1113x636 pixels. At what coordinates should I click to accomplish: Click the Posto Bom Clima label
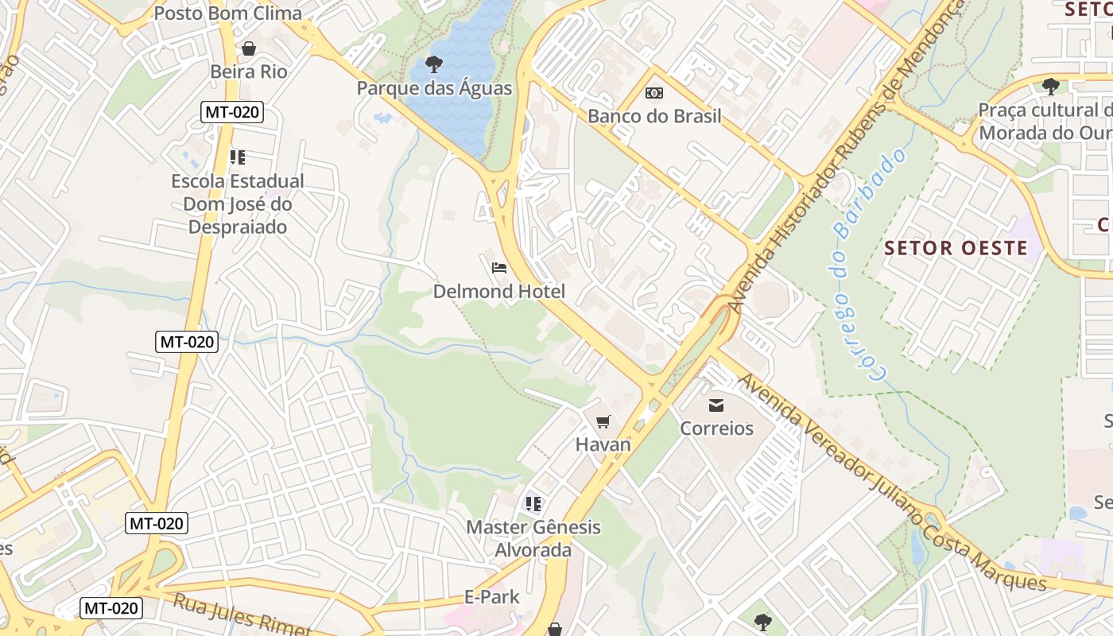(227, 14)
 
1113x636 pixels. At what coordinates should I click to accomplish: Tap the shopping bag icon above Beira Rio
(249, 48)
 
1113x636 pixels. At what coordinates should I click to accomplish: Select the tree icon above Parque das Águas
(434, 64)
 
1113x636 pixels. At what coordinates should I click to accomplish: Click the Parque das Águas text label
(434, 88)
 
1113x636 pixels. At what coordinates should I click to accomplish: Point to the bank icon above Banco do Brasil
(654, 93)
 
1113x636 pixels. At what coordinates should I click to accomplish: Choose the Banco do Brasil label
(654, 117)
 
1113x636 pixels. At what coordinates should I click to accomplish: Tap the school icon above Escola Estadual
(237, 157)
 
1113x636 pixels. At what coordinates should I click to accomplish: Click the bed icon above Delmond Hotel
(499, 267)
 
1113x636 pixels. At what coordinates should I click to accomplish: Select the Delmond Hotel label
(499, 292)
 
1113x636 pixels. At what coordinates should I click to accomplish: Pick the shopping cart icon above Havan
(603, 421)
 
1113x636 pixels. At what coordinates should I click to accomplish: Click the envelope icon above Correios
(716, 405)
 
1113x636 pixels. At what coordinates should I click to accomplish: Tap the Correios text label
(716, 429)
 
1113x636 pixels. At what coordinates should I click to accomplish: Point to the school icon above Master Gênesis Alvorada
(533, 503)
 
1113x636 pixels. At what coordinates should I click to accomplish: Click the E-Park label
(491, 597)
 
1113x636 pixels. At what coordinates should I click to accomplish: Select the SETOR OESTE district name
(956, 248)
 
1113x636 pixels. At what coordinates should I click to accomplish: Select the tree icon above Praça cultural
(1050, 86)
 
